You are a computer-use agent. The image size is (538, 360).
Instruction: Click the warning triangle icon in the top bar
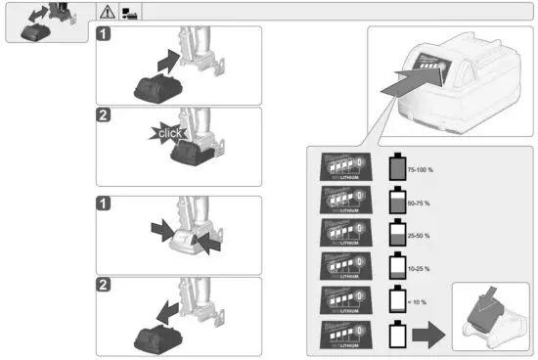(106, 12)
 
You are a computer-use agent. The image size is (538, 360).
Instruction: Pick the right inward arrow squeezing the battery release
(207, 242)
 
